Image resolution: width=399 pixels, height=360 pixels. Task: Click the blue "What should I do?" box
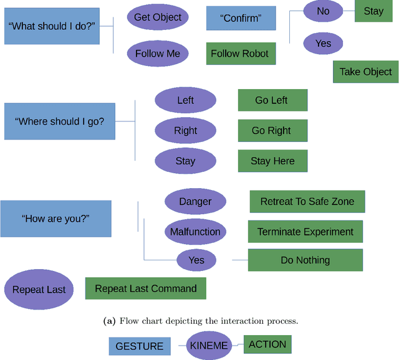(x=52, y=26)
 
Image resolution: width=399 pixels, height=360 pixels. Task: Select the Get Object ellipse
(x=158, y=17)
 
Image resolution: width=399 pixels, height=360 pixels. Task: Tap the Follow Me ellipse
(x=158, y=54)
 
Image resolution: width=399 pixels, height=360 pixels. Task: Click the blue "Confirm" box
(x=241, y=18)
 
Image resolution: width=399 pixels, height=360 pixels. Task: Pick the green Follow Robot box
(x=241, y=54)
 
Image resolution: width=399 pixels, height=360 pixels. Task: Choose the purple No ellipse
(x=323, y=11)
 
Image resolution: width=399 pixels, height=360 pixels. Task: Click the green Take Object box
(x=365, y=72)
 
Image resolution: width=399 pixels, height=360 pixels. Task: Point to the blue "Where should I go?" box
(x=60, y=121)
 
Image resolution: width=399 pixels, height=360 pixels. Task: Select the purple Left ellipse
(x=185, y=100)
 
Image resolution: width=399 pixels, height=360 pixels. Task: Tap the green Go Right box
(x=271, y=131)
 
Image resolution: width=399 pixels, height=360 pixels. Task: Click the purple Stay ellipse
(x=185, y=161)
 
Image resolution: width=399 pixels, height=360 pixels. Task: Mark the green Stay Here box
(x=272, y=161)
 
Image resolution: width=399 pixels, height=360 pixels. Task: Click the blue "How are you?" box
(x=56, y=219)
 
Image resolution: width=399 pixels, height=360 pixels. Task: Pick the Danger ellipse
(x=195, y=202)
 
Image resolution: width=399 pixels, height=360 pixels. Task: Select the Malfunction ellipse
(x=195, y=232)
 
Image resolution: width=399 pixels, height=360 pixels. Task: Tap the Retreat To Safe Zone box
(x=307, y=202)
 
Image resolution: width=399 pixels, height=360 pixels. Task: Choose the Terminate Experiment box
(x=305, y=232)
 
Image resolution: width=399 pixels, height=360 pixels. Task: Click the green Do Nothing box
(x=305, y=260)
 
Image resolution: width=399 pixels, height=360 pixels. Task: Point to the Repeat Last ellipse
(x=39, y=290)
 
